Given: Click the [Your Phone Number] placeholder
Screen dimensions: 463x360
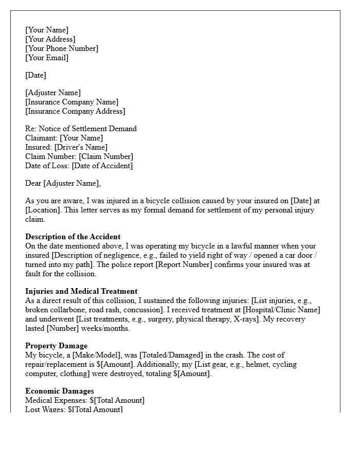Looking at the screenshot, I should (62, 48).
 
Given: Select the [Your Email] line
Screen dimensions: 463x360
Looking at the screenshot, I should (47, 58).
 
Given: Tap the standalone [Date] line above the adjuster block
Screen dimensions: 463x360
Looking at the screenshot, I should (35, 75).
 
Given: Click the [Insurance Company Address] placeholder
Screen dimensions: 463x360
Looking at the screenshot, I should (75, 111).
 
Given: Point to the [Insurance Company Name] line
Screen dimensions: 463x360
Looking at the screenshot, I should (71, 102).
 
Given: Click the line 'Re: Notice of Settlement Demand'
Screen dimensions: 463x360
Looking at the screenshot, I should (81, 129).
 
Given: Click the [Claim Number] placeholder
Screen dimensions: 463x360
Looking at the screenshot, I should (105, 156).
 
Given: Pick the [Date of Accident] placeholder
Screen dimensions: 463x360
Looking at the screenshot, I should (102, 166).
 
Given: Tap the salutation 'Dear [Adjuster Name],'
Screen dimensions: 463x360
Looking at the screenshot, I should (63, 183).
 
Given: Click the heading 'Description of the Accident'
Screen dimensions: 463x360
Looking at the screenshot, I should (73, 237).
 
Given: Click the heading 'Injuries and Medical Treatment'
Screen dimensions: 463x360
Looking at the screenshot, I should (81, 291).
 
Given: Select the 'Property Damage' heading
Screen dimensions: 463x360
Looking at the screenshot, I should (56, 346).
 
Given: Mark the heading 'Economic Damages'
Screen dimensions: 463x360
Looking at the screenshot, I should (59, 391).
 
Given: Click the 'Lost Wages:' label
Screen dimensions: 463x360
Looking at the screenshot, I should (45, 409).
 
